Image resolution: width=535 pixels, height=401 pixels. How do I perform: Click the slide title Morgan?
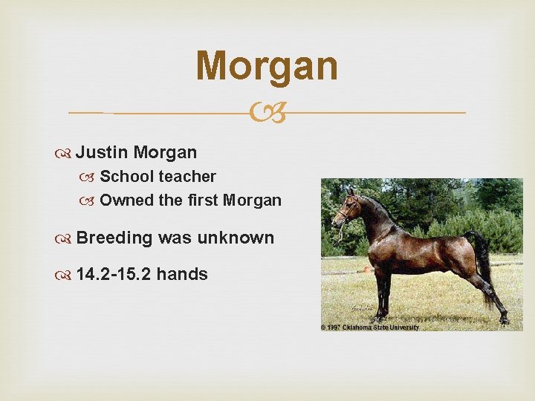coord(267,65)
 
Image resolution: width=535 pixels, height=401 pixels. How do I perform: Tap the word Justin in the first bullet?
coord(103,153)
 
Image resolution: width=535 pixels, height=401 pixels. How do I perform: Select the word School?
coord(126,177)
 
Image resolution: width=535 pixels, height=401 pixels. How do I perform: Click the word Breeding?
coord(114,238)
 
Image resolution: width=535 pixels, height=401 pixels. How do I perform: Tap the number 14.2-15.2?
coord(114,275)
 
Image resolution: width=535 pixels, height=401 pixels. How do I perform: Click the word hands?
coord(182,275)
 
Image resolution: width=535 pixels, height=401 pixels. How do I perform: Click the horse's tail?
coord(484,267)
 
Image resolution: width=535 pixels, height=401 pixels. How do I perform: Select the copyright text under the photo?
coord(370,327)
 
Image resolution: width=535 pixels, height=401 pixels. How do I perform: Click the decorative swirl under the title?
coord(267,113)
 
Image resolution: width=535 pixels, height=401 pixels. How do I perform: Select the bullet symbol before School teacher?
coord(91,177)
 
